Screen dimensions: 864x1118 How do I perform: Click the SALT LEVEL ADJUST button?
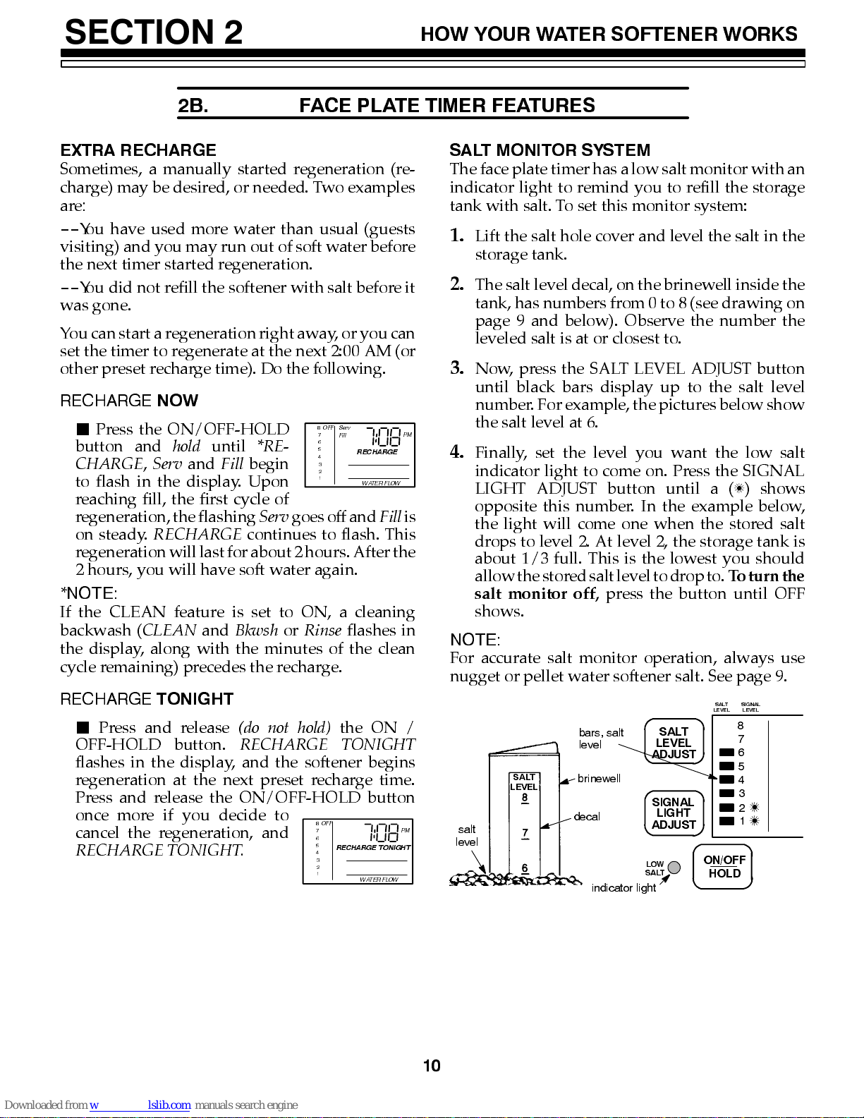pyautogui.click(x=674, y=742)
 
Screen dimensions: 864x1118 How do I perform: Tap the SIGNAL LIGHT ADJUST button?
pyautogui.click(x=674, y=813)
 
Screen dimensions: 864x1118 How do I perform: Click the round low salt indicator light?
pyautogui.click(x=674, y=868)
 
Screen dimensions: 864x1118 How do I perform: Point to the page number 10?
pyautogui.click(x=432, y=1066)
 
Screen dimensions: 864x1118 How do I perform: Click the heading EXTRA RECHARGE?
pyautogui.click(x=138, y=150)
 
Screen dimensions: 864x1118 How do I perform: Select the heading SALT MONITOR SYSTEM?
pyautogui.click(x=549, y=150)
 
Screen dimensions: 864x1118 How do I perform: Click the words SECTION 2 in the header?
pyautogui.click(x=154, y=32)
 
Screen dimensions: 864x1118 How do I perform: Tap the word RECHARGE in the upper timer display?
pyautogui.click(x=377, y=451)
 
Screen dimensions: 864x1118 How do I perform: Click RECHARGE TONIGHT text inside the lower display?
pyautogui.click(x=373, y=847)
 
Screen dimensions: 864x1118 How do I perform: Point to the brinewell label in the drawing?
pyautogui.click(x=599, y=779)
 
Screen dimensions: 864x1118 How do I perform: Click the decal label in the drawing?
pyautogui.click(x=587, y=817)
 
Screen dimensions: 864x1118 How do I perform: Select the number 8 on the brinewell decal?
pyautogui.click(x=525, y=798)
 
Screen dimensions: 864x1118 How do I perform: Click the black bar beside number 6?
pyautogui.click(x=726, y=752)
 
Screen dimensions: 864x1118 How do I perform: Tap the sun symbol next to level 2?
pyautogui.click(x=755, y=807)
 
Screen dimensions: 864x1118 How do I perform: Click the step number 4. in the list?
pyautogui.click(x=457, y=452)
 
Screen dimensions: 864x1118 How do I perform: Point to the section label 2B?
pyautogui.click(x=193, y=106)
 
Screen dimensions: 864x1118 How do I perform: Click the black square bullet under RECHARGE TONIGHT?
pyautogui.click(x=83, y=727)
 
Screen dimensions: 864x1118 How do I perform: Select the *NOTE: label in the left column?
pyautogui.click(x=89, y=593)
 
